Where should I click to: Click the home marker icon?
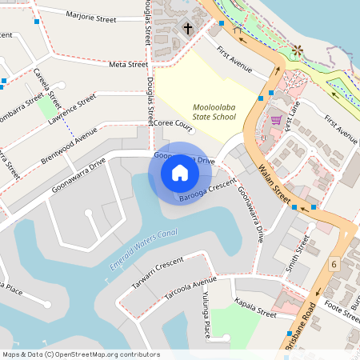180,173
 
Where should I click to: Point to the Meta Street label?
128,65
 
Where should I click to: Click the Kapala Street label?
255,307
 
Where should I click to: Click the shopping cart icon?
276,120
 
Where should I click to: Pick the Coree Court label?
174,125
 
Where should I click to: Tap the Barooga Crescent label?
207,191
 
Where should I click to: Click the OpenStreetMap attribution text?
80,354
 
